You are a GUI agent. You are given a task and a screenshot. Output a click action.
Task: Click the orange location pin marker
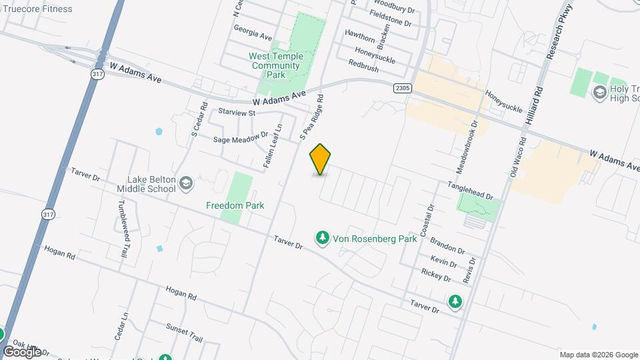tap(321, 159)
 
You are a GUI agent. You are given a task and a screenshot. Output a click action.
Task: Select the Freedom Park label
tap(235, 205)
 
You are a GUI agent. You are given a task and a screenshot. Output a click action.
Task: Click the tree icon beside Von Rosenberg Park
tap(323, 238)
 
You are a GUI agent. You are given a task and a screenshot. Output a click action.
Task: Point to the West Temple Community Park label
tap(275, 65)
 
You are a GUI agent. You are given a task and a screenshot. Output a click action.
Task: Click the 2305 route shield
tap(403, 87)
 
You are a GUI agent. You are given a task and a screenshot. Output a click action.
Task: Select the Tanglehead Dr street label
tap(470, 191)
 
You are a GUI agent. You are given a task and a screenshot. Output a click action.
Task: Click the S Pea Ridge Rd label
tap(311, 117)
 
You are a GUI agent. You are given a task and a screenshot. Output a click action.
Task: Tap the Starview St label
tap(233, 113)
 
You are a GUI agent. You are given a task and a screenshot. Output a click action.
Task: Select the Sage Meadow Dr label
tap(240, 139)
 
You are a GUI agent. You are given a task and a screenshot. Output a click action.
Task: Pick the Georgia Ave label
tap(253, 32)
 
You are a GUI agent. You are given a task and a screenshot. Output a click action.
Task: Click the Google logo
tap(22, 351)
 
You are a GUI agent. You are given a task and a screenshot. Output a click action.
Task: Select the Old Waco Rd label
tap(518, 157)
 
